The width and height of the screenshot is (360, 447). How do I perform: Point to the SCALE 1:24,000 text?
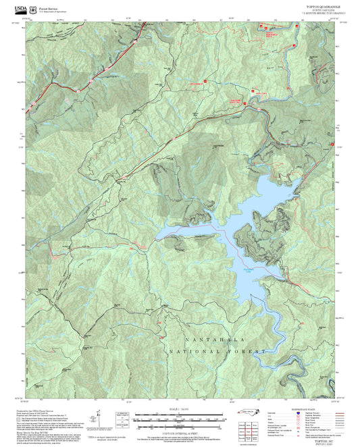pyautogui.click(x=180, y=409)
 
